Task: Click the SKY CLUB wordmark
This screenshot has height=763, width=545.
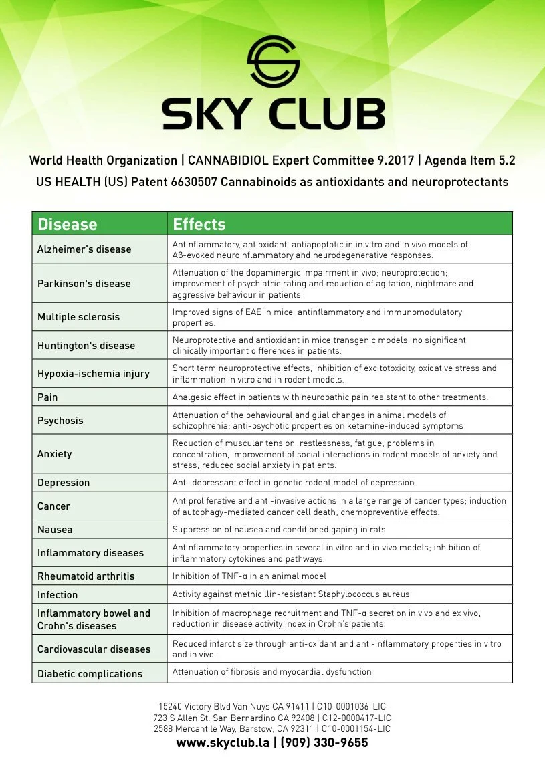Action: tap(273, 113)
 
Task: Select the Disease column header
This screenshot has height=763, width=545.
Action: tap(68, 224)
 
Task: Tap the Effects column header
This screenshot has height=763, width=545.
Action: tap(199, 224)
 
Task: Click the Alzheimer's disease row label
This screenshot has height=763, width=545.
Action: tap(84, 249)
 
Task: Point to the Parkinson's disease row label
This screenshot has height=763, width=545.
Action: tap(84, 283)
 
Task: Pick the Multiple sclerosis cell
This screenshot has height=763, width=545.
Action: tap(78, 317)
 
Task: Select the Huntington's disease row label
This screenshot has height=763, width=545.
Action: tap(86, 346)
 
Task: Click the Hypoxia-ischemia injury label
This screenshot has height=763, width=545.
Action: tap(94, 374)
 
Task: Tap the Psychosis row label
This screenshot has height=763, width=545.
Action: tap(60, 421)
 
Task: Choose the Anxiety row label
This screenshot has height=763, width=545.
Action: tap(54, 454)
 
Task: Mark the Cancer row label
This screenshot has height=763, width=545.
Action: tap(53, 506)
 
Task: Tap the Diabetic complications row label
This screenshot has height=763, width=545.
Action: tap(90, 674)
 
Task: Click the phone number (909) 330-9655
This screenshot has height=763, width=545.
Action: tap(324, 743)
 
